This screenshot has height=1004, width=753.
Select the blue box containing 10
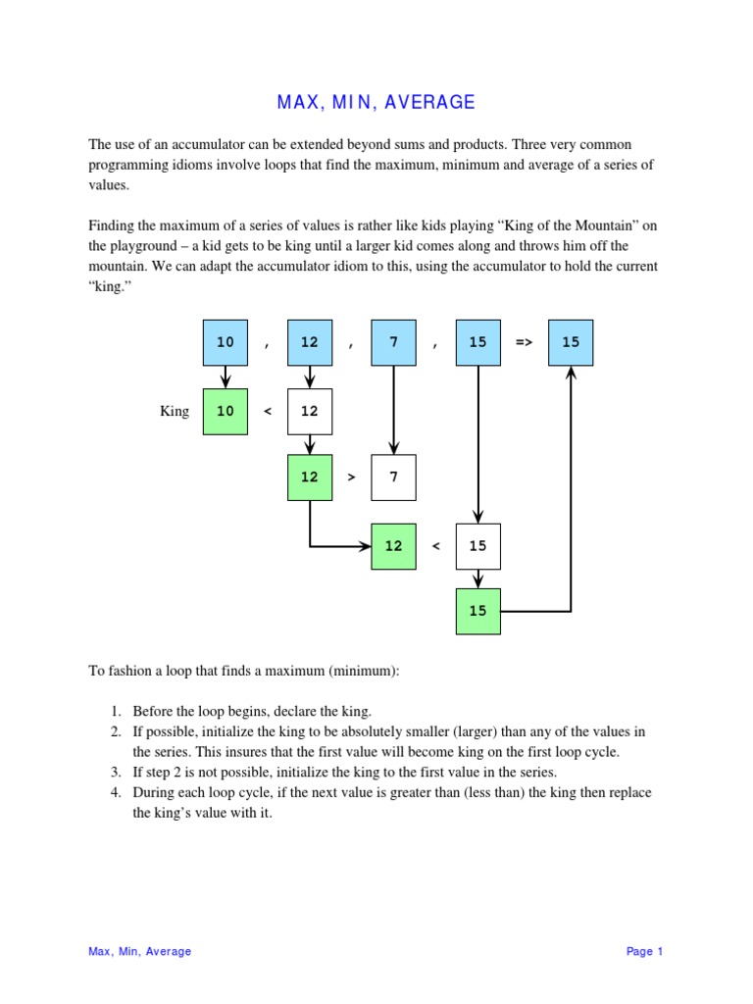coord(226,342)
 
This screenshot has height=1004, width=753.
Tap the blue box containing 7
coord(393,342)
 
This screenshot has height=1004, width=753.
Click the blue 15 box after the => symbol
coord(571,342)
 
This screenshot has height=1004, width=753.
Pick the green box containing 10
coord(226,411)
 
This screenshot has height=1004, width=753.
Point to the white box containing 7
coord(393,477)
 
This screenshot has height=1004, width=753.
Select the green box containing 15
coord(477,611)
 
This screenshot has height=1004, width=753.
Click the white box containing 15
coord(477,546)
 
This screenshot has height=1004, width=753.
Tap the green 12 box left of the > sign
coord(310,477)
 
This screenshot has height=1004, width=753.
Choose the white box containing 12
coord(310,411)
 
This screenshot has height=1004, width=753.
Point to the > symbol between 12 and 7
coord(352,477)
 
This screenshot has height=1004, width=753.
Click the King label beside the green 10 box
coord(174,412)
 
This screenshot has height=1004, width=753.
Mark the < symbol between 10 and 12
coord(267,412)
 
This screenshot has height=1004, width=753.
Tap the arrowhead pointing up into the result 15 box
coord(571,373)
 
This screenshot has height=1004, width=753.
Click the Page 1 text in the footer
coord(645,951)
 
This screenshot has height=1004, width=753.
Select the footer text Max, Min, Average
coord(140,951)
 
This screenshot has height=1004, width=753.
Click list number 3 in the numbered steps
coord(114,773)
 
